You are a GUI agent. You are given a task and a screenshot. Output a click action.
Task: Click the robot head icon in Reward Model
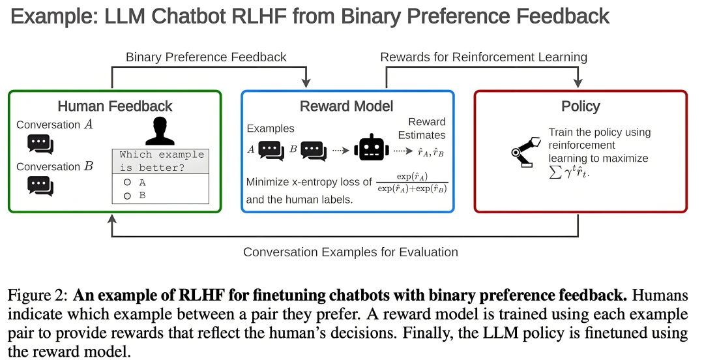click(370, 150)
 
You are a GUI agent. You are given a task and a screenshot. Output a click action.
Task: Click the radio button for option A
click(127, 183)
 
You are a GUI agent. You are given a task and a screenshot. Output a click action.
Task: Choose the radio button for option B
click(127, 195)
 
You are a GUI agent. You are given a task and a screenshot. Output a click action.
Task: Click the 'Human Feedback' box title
click(115, 106)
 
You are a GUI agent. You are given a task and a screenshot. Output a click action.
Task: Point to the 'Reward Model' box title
click(347, 106)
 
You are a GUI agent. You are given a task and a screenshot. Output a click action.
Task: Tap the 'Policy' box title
click(580, 106)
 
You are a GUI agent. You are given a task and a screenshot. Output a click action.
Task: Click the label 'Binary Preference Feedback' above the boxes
click(206, 57)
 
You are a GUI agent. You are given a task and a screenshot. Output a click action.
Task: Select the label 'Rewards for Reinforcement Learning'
click(484, 57)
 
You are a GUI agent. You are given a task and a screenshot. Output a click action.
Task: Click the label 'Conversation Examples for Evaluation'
click(351, 252)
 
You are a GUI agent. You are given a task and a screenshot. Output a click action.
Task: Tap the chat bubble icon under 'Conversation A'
click(40, 144)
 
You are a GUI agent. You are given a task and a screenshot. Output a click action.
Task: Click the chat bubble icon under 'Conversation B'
click(40, 186)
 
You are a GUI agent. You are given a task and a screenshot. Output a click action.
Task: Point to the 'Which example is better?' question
click(162, 160)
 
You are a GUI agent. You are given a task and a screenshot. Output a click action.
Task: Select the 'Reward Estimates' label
click(427, 128)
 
